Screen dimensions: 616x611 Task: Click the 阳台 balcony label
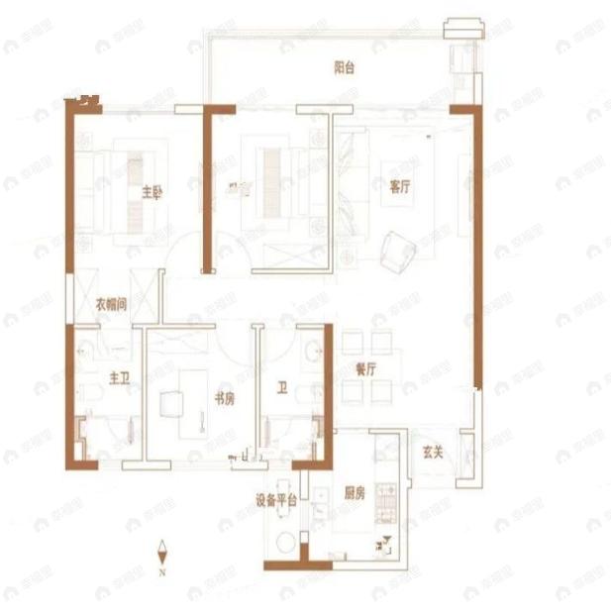pos(344,68)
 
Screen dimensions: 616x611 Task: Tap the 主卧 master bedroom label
pos(151,192)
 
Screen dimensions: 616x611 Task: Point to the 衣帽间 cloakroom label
pos(111,306)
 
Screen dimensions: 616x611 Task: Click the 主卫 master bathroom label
pos(119,376)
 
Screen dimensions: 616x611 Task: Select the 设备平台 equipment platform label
pos(276,499)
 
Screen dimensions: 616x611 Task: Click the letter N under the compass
pos(162,571)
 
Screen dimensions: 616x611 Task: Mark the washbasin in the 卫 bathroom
pos(313,350)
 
